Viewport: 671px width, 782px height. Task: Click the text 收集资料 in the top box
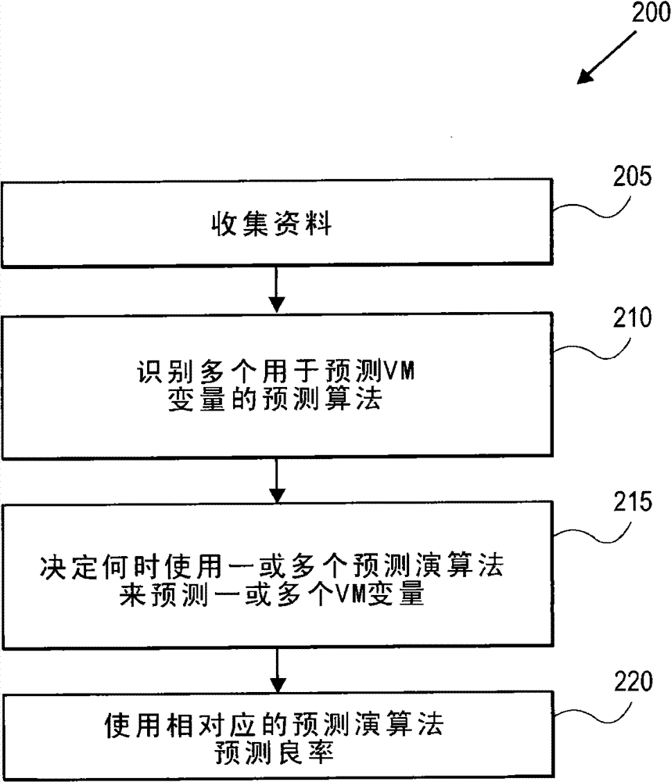click(272, 227)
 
